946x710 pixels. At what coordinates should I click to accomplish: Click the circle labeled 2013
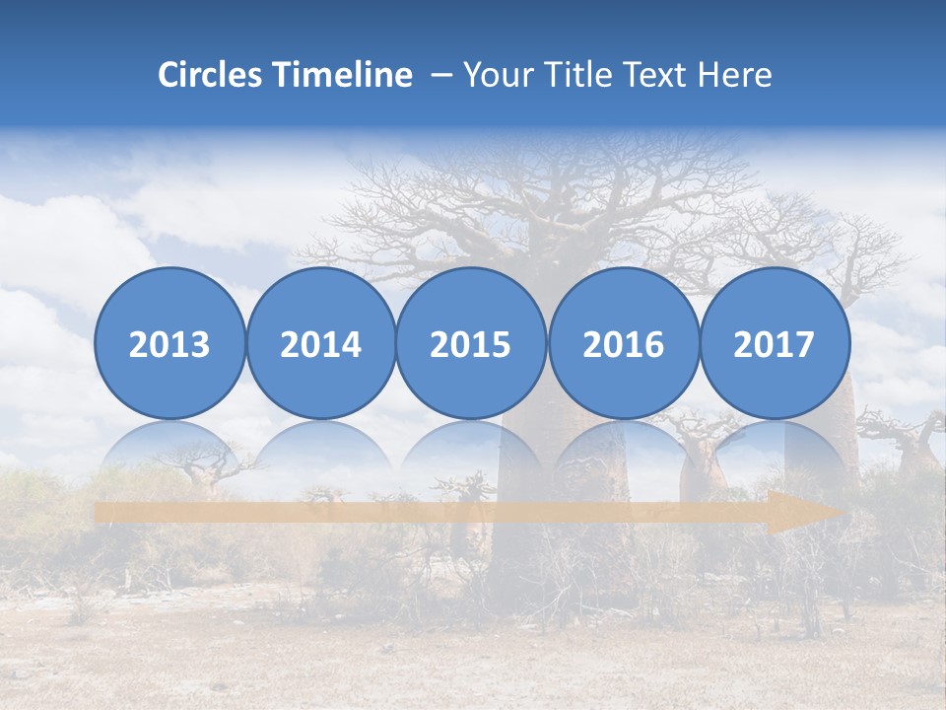pos(169,343)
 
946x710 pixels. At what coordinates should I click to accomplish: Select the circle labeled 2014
pos(321,343)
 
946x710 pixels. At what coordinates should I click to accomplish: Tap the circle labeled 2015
pos(471,343)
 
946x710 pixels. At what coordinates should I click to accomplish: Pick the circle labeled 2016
pos(624,343)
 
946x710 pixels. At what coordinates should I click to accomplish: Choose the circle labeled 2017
pos(775,343)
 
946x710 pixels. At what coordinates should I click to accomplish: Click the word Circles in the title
pos(211,75)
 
